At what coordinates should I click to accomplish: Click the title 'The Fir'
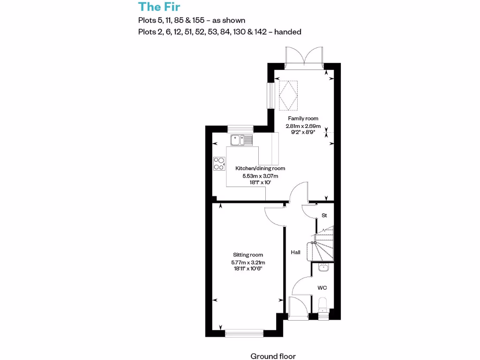(159, 7)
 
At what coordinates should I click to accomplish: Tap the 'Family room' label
(303, 119)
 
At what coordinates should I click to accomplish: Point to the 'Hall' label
(295, 252)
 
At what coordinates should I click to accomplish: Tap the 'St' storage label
(323, 215)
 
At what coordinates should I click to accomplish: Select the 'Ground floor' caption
(273, 356)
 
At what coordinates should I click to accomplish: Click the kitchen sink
(241, 139)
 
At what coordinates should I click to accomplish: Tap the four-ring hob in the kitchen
(219, 163)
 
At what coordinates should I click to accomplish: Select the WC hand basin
(322, 268)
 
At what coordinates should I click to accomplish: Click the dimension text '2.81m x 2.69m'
(303, 126)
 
